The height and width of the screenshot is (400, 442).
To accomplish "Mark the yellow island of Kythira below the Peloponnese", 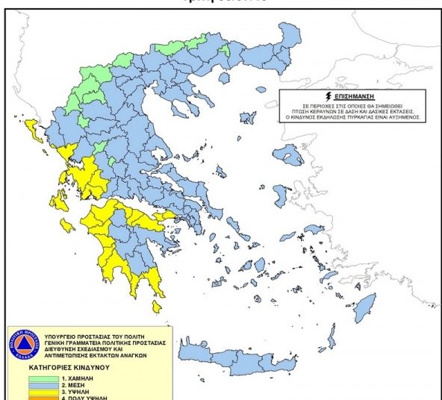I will pyautogui.click(x=157, y=307).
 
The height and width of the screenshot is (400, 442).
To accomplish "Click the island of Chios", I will pyautogui.click(x=280, y=198).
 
